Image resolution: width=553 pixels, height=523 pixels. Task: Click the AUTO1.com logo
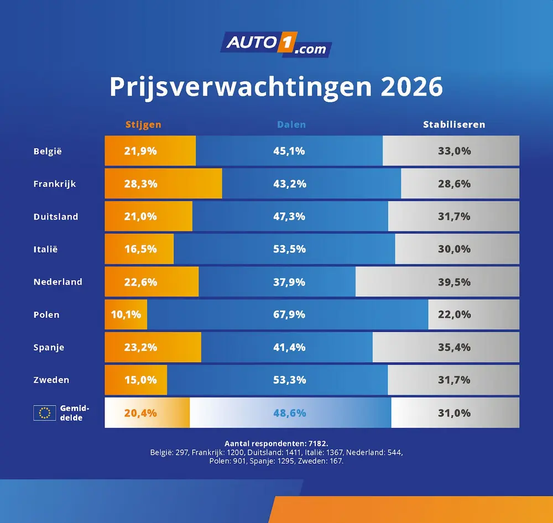pyautogui.click(x=276, y=45)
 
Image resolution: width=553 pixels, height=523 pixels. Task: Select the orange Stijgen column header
pyautogui.click(x=143, y=124)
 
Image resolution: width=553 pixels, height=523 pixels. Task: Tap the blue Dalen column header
pyautogui.click(x=291, y=124)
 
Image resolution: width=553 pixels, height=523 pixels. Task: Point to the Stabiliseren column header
pyautogui.click(x=454, y=124)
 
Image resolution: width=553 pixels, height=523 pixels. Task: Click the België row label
pyautogui.click(x=48, y=151)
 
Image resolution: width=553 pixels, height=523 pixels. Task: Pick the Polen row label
pyautogui.click(x=46, y=315)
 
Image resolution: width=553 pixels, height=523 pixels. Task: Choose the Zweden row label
pyautogui.click(x=51, y=380)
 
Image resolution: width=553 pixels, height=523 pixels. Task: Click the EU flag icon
pyautogui.click(x=44, y=413)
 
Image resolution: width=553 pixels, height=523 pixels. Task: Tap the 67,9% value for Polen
pyautogui.click(x=289, y=315)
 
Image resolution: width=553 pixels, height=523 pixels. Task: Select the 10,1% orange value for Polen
pyautogui.click(x=126, y=315)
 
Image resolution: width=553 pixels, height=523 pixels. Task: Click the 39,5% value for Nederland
pyautogui.click(x=454, y=282)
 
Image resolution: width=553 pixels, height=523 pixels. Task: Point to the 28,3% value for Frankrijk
pyautogui.click(x=140, y=184)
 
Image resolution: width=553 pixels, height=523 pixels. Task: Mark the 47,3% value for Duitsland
pyautogui.click(x=289, y=217)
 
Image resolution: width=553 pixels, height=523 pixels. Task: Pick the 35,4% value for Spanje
pyautogui.click(x=454, y=347)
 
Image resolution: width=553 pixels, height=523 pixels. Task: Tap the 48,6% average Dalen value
pyautogui.click(x=289, y=413)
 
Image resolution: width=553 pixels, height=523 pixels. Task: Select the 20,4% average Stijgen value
pyautogui.click(x=140, y=413)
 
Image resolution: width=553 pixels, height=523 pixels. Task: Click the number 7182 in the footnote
pyautogui.click(x=315, y=443)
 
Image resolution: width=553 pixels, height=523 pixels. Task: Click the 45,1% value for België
pyautogui.click(x=289, y=151)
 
